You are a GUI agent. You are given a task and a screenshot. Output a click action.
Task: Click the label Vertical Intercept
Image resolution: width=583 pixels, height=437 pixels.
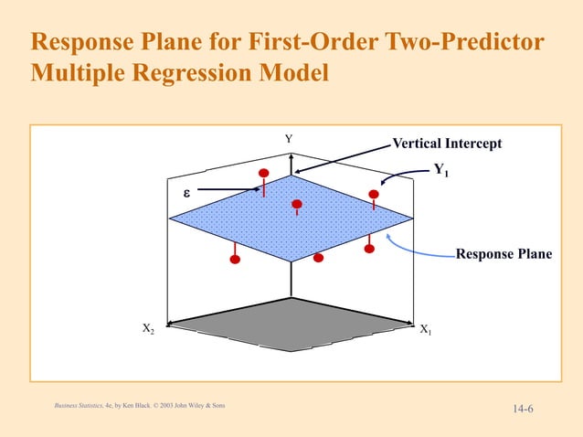(x=447, y=144)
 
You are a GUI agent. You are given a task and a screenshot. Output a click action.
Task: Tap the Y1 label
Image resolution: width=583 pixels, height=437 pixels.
(x=442, y=169)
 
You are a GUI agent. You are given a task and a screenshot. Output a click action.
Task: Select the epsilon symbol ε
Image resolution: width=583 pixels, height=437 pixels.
(x=185, y=194)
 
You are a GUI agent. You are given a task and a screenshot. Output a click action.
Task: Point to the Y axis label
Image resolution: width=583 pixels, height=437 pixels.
(x=289, y=139)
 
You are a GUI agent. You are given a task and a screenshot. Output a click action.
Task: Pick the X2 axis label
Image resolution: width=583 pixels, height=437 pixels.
(x=148, y=328)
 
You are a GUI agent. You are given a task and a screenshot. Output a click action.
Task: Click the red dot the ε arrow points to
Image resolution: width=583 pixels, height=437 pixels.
(x=264, y=173)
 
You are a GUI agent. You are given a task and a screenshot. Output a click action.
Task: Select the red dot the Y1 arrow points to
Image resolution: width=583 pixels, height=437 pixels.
(x=373, y=194)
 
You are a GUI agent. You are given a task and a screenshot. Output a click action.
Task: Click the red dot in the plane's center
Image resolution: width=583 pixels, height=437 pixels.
(x=296, y=204)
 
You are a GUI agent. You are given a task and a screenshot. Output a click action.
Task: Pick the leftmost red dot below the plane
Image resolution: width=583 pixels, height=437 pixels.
(x=235, y=260)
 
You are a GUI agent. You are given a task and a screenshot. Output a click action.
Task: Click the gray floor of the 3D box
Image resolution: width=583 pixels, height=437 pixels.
(x=291, y=325)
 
